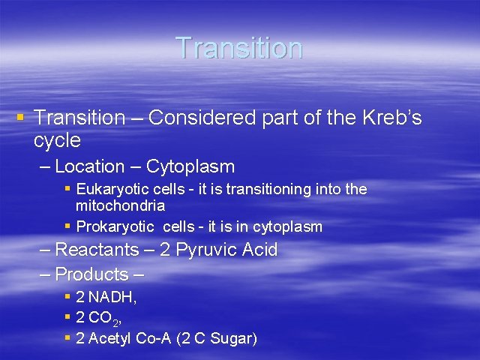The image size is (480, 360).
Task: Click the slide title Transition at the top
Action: pyautogui.click(x=239, y=48)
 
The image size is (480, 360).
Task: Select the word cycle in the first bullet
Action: pyautogui.click(x=57, y=140)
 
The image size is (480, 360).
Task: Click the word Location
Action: pyautogui.click(x=90, y=166)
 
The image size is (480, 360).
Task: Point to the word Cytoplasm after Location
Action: pyautogui.click(x=190, y=166)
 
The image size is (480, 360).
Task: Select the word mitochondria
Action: pyautogui.click(x=120, y=205)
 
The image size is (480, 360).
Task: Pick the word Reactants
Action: pyautogui.click(x=97, y=250)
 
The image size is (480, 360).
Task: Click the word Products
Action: pyautogui.click(x=91, y=274)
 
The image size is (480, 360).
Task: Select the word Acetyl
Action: pyautogui.click(x=110, y=339)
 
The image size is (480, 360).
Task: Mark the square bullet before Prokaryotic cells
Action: pyautogui.click(x=67, y=226)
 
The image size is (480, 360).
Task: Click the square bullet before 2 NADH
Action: pyautogui.click(x=67, y=296)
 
